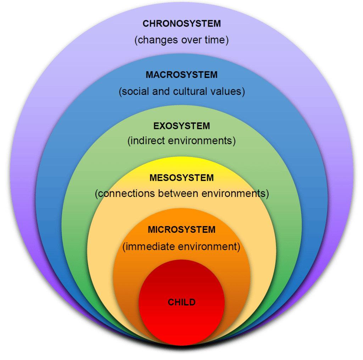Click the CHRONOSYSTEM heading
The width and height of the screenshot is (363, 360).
(x=181, y=24)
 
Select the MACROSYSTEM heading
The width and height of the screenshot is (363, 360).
(x=181, y=75)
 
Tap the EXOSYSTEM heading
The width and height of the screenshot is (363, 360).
(x=181, y=126)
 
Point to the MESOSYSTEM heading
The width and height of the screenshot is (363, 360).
(x=181, y=178)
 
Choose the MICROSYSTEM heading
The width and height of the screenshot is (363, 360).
(x=181, y=230)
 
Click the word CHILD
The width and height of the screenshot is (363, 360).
(x=181, y=302)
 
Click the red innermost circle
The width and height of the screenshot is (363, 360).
(x=181, y=319)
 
